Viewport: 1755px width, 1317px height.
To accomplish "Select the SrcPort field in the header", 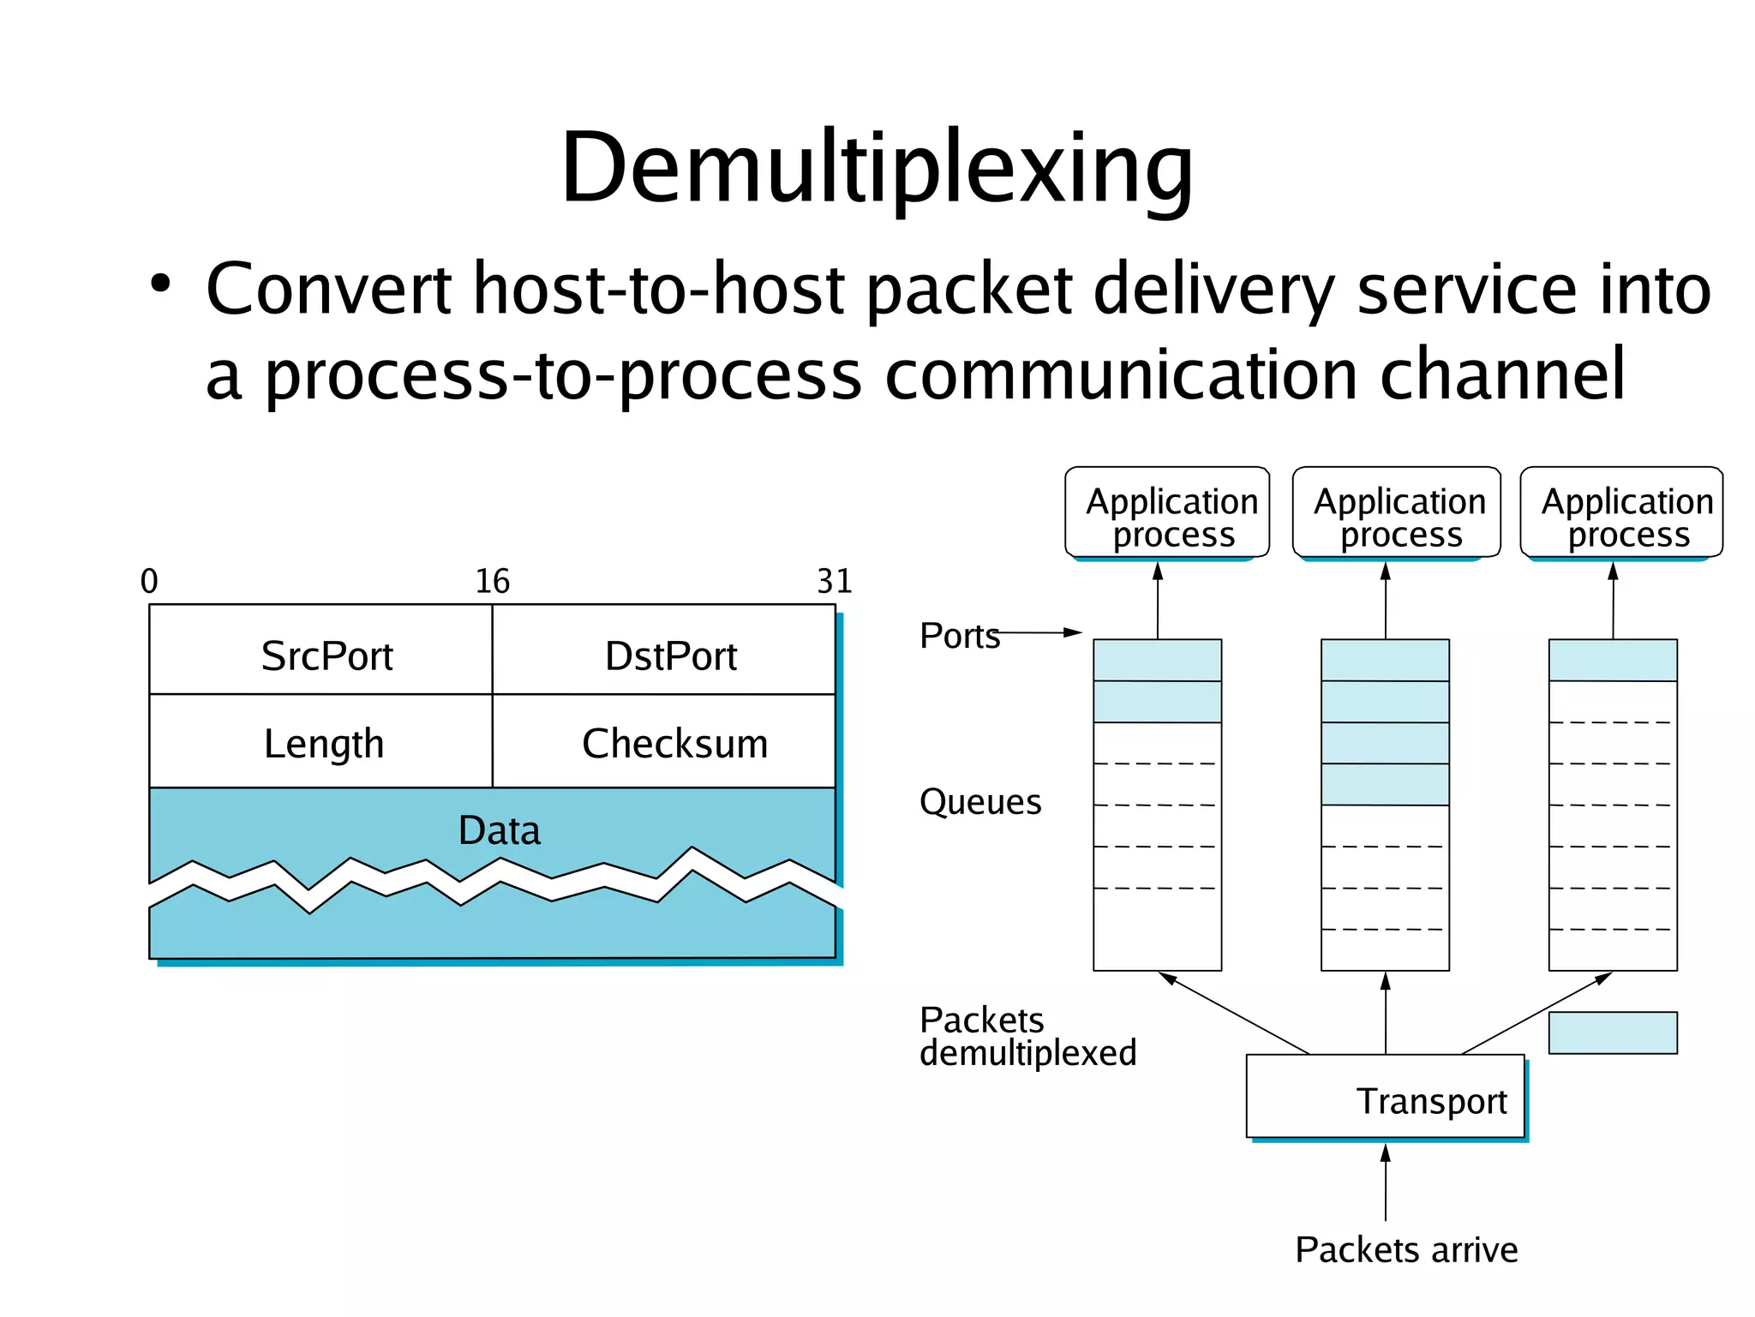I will point(326,656).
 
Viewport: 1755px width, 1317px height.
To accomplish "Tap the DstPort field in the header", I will point(670,656).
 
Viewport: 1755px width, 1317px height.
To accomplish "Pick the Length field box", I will point(323,743).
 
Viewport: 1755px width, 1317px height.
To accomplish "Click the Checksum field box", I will point(674,743).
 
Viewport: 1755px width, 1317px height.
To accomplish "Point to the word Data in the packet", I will point(499,830).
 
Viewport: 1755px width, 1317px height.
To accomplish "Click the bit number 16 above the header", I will point(492,581).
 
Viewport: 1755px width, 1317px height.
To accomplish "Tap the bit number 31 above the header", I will point(834,581).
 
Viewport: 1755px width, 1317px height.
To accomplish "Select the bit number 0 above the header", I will point(149,581).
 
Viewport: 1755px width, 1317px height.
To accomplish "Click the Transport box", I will point(1386,1098).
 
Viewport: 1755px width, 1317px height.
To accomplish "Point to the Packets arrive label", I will point(1405,1249).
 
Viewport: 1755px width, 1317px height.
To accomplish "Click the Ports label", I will point(959,636).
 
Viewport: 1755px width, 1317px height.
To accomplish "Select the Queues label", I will point(979,802).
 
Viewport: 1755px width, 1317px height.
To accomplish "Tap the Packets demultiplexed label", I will point(1027,1037).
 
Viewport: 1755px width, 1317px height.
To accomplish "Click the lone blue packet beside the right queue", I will point(1612,1033).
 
